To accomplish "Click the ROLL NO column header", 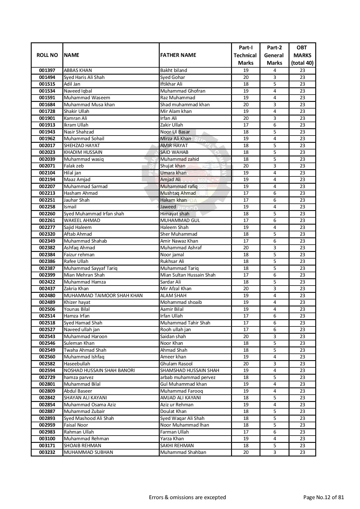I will click(x=47, y=55).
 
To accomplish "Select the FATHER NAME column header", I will click(x=178, y=55).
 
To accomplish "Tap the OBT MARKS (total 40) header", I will click(x=302, y=55).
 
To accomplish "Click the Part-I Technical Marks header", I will click(x=245, y=55).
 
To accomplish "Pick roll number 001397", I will click(x=47, y=70).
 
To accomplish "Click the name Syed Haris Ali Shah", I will click(x=84, y=77).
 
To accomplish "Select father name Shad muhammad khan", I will click(x=185, y=104).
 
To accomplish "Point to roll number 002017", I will click(x=47, y=145).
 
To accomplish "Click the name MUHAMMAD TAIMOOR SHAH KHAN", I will click(x=103, y=295).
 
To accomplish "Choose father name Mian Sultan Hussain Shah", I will click(x=188, y=275).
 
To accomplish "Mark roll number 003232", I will click(x=47, y=452).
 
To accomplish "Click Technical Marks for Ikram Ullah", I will click(x=246, y=125).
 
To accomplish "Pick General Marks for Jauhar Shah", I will click(x=275, y=200).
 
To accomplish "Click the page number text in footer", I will click(x=323, y=497).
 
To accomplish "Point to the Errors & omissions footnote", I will click(x=187, y=497).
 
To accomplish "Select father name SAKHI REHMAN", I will click(x=177, y=445).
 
